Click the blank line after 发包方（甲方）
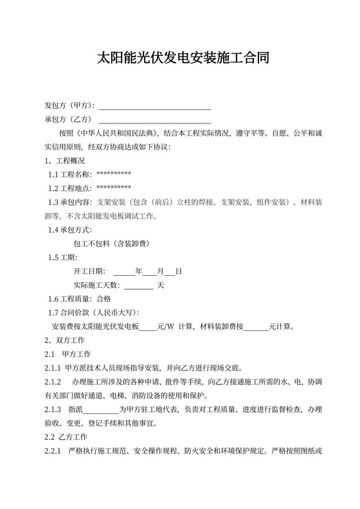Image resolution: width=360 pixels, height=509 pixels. (155, 105)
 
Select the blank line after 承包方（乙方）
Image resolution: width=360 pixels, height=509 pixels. (155, 120)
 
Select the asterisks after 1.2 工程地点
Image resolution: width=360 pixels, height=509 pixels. (114, 188)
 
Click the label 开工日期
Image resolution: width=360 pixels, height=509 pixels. (90, 271)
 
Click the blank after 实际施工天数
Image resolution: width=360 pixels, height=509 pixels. (138, 285)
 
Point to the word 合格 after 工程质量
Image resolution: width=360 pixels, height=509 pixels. (104, 299)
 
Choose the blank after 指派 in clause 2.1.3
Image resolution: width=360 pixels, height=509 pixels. (101, 409)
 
